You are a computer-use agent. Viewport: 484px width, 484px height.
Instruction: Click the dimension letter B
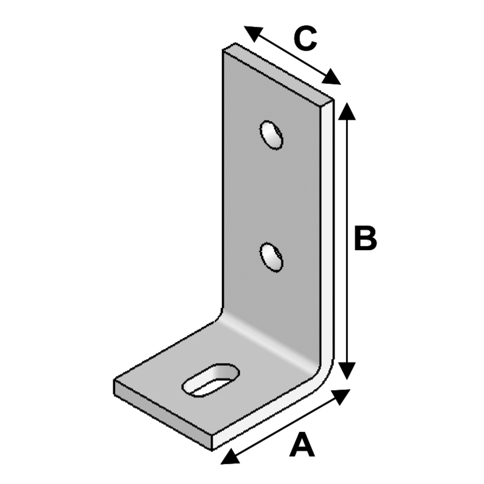tap(365, 238)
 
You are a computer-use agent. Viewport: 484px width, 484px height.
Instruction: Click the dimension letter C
tap(305, 39)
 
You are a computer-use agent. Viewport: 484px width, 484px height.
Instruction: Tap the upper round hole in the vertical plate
tap(272, 135)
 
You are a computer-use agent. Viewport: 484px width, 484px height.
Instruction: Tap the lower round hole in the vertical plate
tap(272, 257)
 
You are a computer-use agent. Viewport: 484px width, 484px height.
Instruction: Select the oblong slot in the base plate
tap(211, 380)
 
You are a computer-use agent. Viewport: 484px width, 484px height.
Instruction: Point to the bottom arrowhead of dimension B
tap(347, 371)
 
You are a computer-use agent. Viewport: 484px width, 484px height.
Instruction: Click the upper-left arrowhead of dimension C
tap(254, 33)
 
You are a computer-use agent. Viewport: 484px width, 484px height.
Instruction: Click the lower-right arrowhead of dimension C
tap(331, 77)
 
